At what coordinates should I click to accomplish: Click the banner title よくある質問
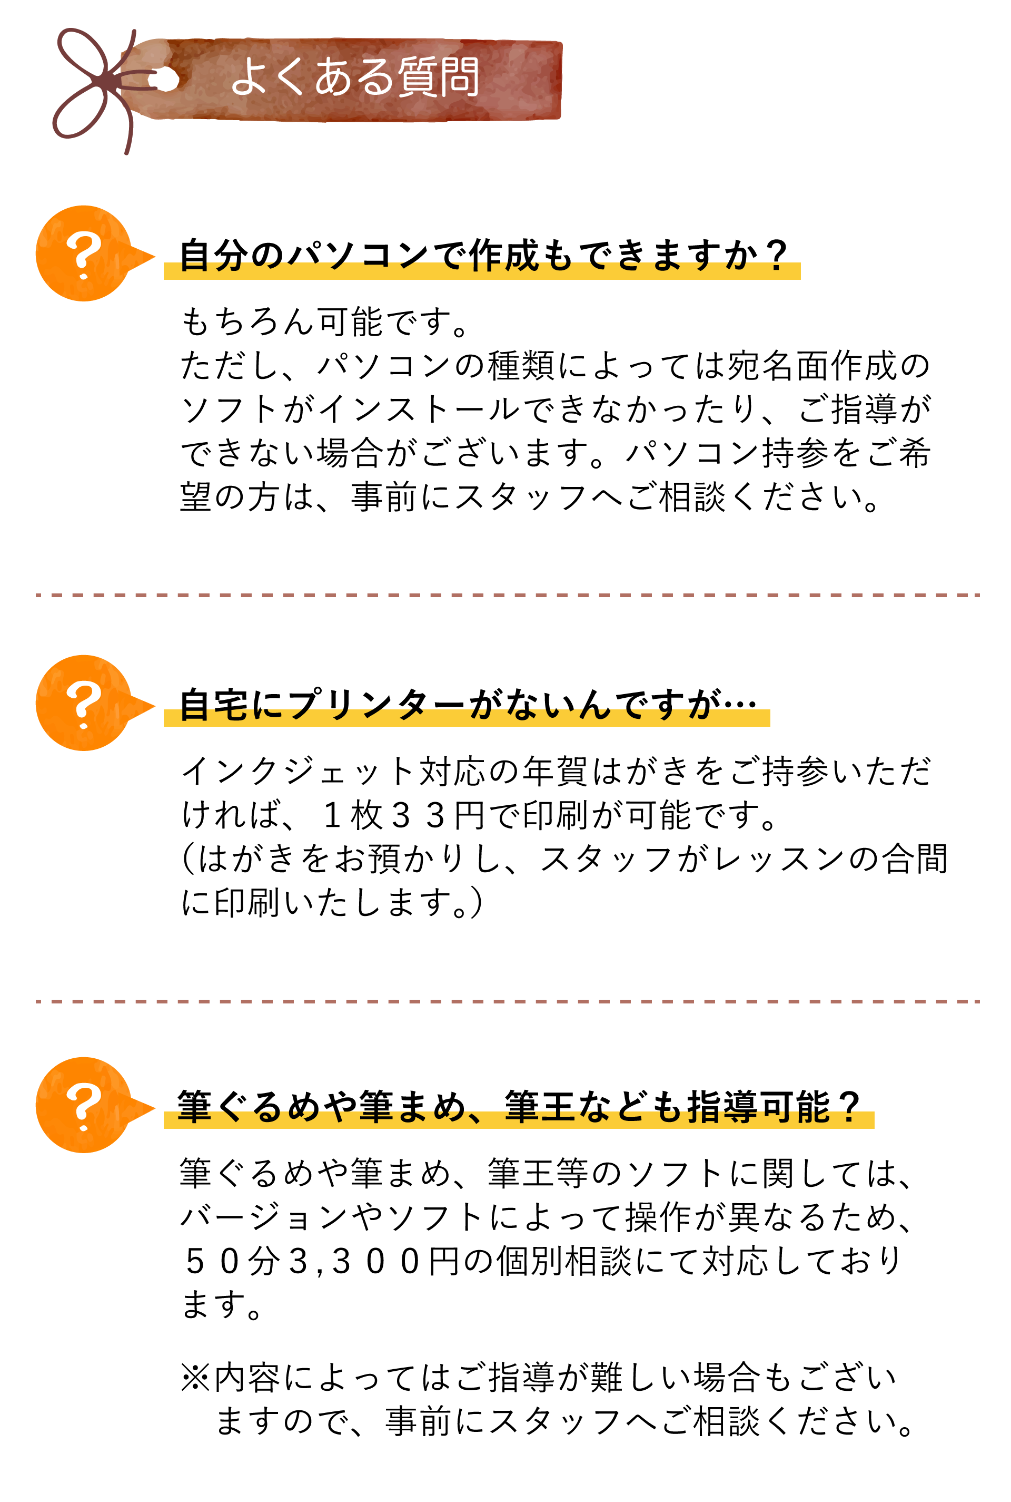(x=354, y=77)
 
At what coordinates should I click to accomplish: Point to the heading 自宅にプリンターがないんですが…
(x=468, y=704)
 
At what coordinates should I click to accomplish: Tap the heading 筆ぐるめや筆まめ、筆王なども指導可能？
(x=519, y=1107)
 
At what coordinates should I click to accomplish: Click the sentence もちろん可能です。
(x=325, y=321)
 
